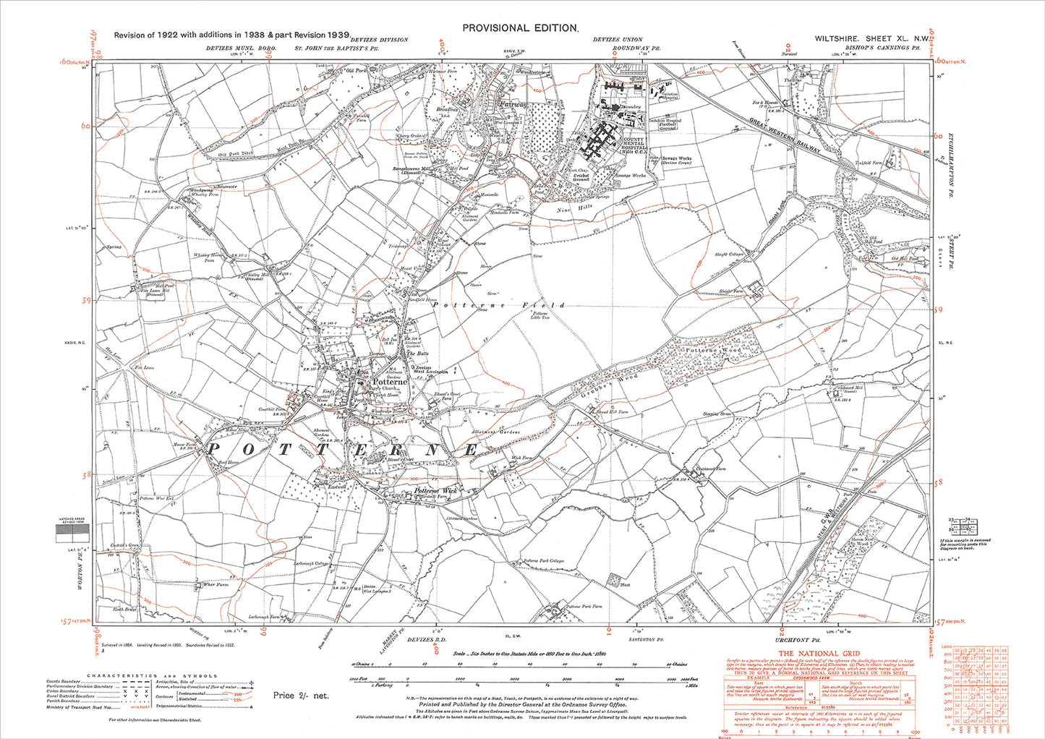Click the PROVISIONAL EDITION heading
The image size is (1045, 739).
pyautogui.click(x=520, y=27)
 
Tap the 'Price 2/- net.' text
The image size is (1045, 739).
pyautogui.click(x=301, y=695)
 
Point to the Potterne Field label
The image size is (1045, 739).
pyautogui.click(x=499, y=306)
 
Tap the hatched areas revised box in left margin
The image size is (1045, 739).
pyautogui.click(x=72, y=534)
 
